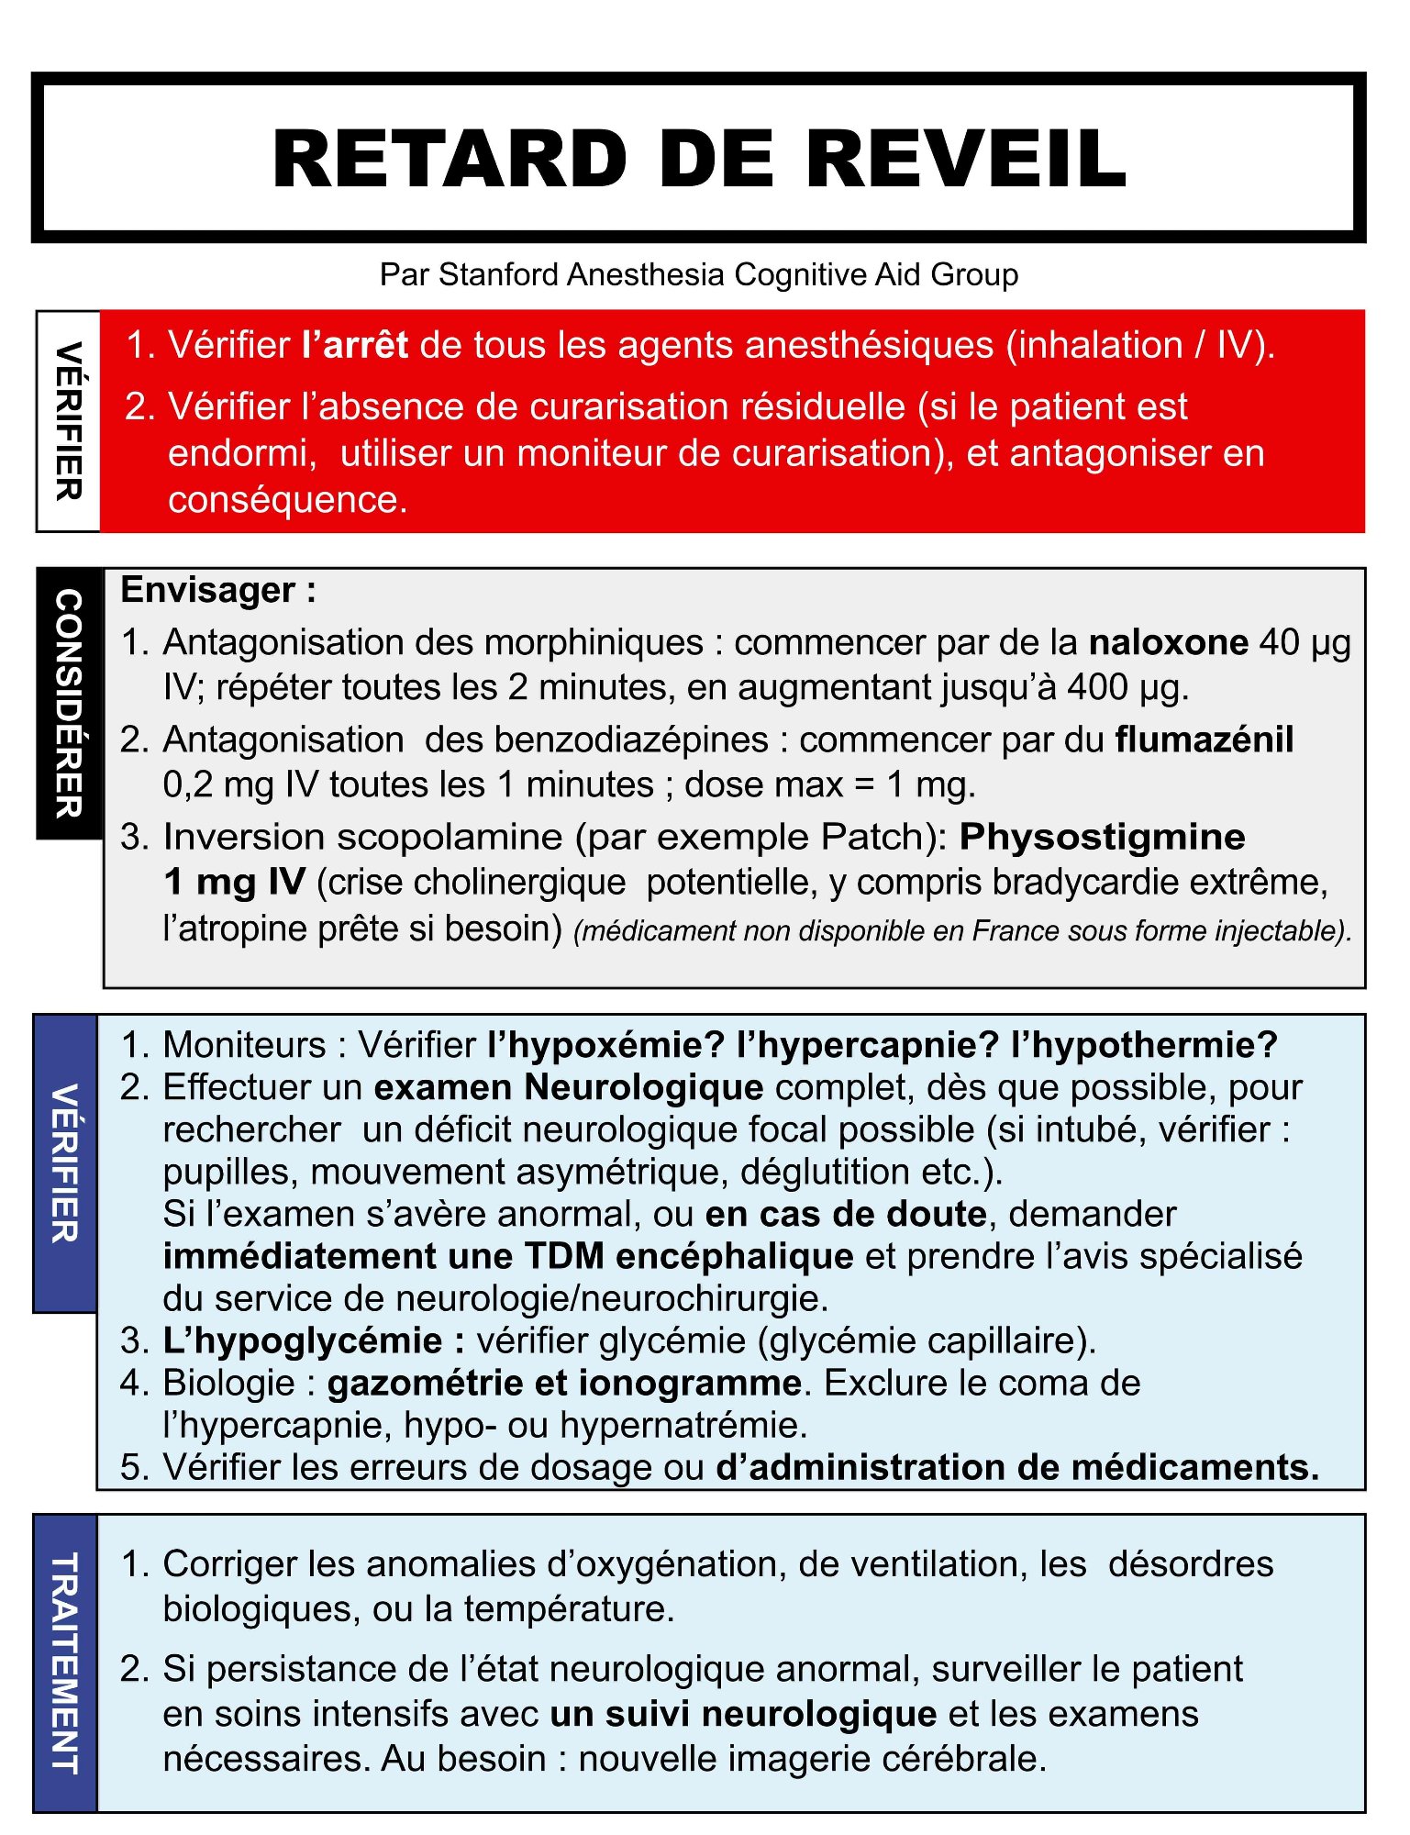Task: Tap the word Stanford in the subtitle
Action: tap(499, 274)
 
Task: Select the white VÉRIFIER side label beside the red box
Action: tap(69, 421)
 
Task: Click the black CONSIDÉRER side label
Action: tap(69, 703)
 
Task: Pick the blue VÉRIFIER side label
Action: tap(65, 1163)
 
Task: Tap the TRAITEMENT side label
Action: tap(65, 1663)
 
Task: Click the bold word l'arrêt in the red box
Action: tap(355, 345)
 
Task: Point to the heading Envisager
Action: tap(208, 590)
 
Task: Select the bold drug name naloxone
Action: tap(1168, 642)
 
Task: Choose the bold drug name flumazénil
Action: tap(1204, 740)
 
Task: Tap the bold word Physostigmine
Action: tap(1102, 837)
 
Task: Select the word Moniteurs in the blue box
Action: tap(245, 1045)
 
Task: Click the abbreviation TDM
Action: tap(564, 1256)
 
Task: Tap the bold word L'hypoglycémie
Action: tap(303, 1340)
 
